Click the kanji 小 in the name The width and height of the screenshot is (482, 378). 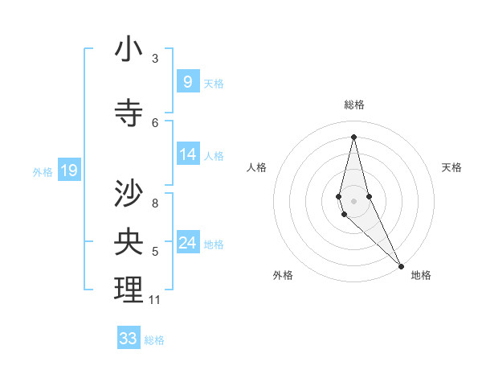click(x=129, y=50)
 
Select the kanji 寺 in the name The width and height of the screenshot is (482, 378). click(x=129, y=113)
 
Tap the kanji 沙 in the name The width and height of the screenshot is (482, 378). click(x=129, y=194)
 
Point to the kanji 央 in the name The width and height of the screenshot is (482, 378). click(x=129, y=241)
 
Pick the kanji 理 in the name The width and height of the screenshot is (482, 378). click(x=129, y=290)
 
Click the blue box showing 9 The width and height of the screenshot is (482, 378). click(x=187, y=81)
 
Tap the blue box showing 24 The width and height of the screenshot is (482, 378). click(x=188, y=242)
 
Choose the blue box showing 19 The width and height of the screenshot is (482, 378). click(x=69, y=170)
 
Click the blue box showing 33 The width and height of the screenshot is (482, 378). click(x=129, y=338)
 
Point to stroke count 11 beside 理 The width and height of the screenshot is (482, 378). click(x=154, y=300)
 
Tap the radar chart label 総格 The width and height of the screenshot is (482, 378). click(x=353, y=105)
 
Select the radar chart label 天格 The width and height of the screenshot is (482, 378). click(x=452, y=167)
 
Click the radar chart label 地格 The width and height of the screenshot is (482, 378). click(x=421, y=275)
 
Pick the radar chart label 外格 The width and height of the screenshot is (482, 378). click(x=283, y=275)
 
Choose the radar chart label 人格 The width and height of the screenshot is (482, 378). click(x=256, y=167)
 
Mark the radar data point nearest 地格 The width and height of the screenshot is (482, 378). click(x=401, y=265)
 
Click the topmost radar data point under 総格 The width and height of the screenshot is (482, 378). click(x=353, y=136)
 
